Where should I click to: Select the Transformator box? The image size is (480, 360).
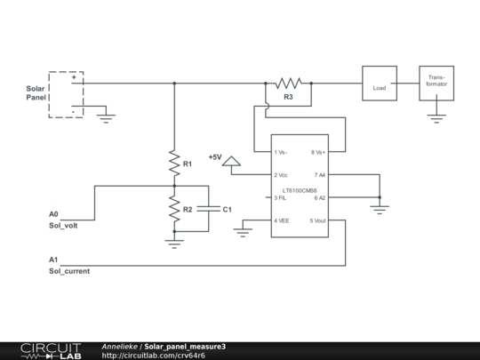[x=436, y=84]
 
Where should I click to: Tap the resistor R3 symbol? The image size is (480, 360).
[x=288, y=84]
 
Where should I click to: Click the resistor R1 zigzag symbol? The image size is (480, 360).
[x=174, y=164]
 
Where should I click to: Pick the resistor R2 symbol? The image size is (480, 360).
[x=174, y=209]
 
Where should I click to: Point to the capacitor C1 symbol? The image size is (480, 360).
[x=208, y=209]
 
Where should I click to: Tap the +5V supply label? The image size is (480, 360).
[x=215, y=157]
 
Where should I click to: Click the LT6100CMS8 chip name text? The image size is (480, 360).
[x=300, y=190]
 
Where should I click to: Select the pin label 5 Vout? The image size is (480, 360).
[x=317, y=220]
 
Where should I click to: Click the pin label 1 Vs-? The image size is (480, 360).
[x=281, y=152]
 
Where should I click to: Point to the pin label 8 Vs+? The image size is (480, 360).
[x=317, y=152]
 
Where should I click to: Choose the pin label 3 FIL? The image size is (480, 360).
[x=281, y=197]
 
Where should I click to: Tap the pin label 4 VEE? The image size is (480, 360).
[x=282, y=220]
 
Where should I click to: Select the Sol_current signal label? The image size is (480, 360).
[x=68, y=269]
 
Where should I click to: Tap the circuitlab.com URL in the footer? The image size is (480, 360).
[x=154, y=355]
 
